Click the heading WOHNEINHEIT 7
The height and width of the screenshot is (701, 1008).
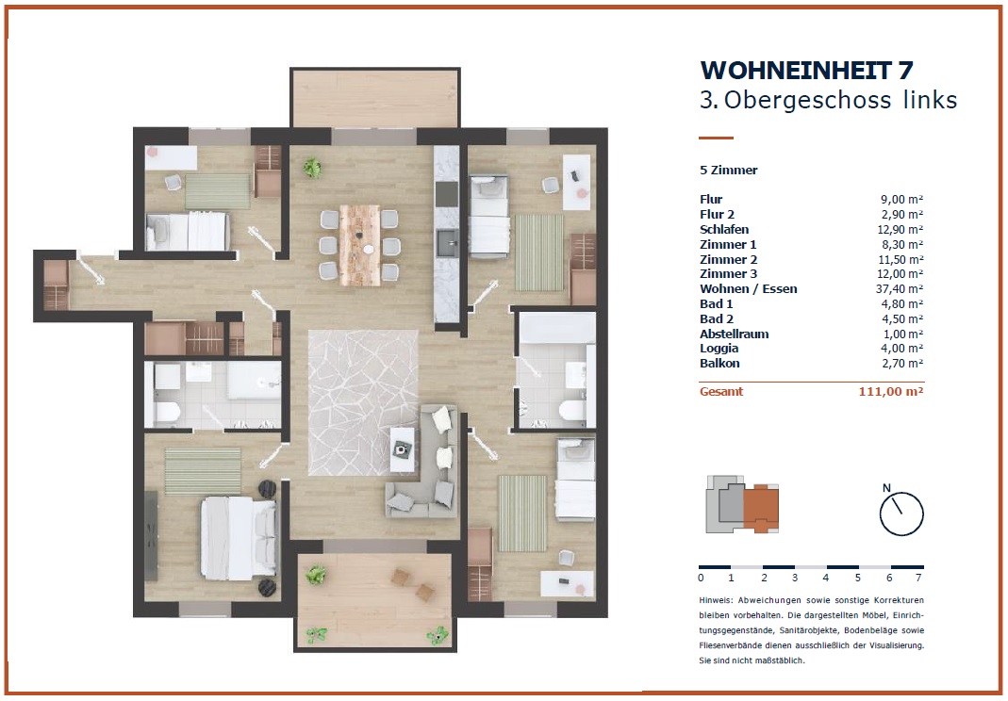pos(806,70)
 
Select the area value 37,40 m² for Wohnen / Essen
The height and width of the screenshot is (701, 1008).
pos(900,289)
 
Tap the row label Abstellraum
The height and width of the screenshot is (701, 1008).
pos(735,334)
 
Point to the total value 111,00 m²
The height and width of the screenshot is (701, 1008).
pos(891,391)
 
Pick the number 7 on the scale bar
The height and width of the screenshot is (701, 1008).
pos(918,578)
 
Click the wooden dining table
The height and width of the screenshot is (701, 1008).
pos(360,246)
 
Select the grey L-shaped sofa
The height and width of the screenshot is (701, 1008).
pos(421,463)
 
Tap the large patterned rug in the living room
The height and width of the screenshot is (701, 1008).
pos(363,403)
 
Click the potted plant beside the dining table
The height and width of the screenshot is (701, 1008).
pos(312,169)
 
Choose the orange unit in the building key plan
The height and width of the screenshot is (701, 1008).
pos(762,507)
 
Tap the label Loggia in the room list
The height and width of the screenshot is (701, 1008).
pos(719,349)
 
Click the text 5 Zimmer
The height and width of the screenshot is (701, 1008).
pos(729,171)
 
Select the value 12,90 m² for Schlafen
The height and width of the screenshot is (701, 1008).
pos(900,229)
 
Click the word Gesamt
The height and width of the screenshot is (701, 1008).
pos(721,391)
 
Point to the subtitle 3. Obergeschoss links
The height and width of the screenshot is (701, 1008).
pos(829,100)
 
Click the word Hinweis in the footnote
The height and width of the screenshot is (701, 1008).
pos(716,600)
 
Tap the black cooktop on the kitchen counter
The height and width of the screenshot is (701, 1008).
pos(447,194)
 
